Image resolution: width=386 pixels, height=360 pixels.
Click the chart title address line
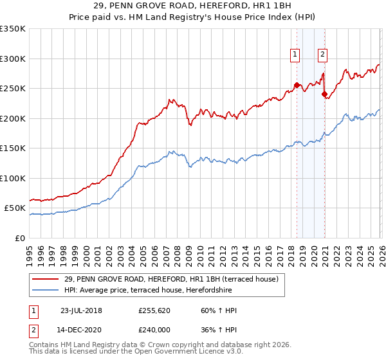192,6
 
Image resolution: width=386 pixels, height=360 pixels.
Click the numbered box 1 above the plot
295,55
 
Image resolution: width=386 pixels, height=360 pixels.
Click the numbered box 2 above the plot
322,55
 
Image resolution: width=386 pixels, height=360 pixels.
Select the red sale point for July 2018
297,85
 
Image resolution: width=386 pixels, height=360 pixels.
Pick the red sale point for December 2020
324,94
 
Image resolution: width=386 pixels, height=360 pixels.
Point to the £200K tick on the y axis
13,118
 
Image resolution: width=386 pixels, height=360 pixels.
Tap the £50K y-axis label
14,208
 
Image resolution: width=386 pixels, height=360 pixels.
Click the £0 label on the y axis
19,238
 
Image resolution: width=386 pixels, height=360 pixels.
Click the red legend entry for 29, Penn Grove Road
170,279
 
